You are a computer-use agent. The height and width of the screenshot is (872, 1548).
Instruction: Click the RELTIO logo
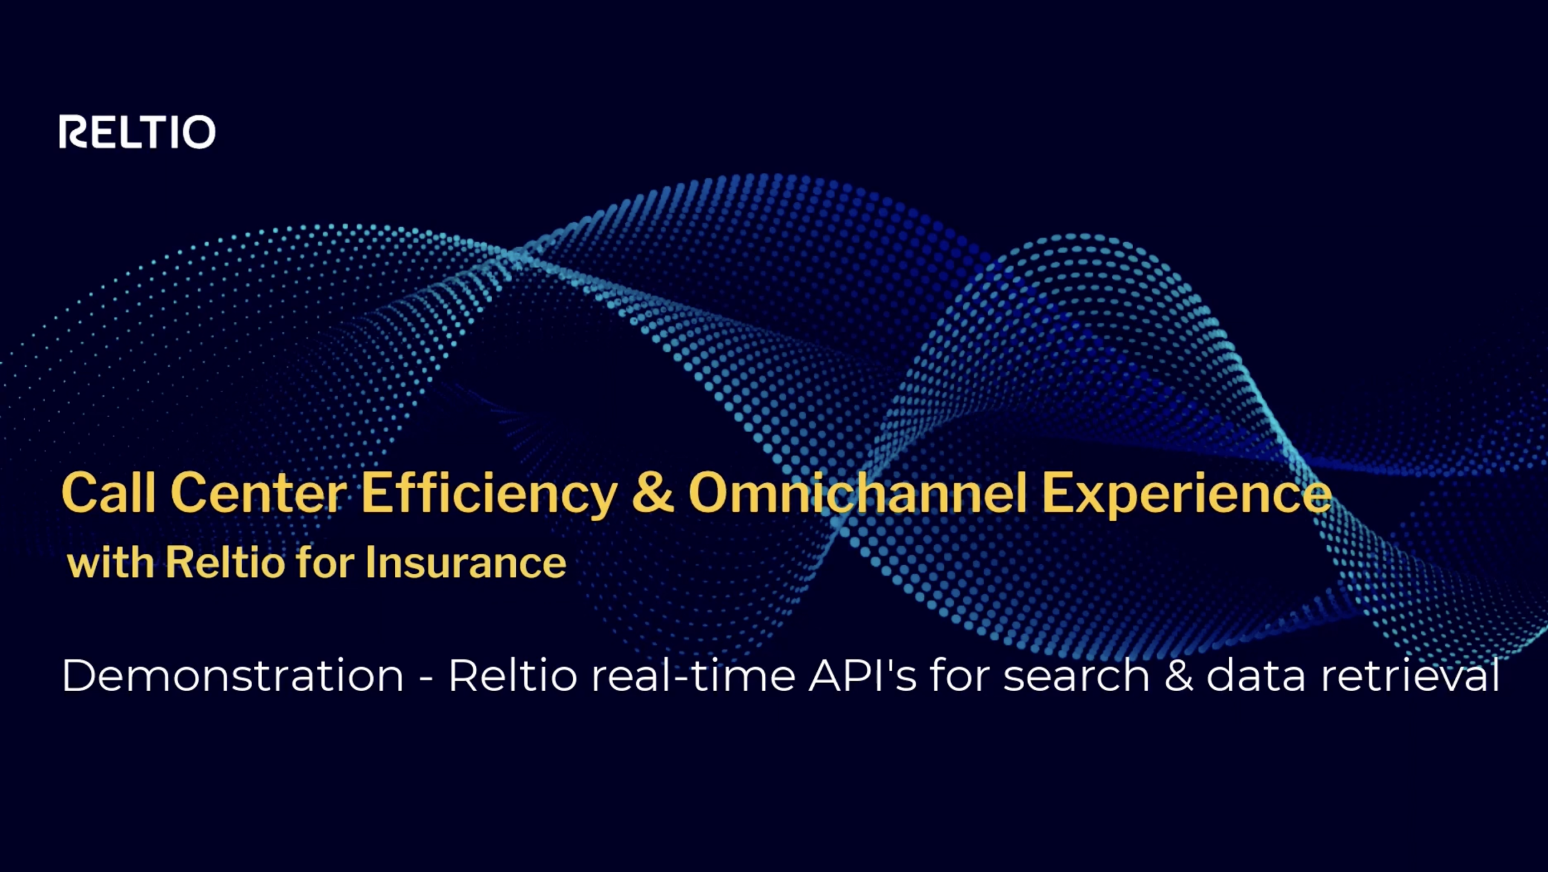click(137, 132)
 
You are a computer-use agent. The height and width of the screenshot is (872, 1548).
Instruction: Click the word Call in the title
click(108, 493)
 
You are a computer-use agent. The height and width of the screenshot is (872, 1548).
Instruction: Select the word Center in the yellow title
click(258, 493)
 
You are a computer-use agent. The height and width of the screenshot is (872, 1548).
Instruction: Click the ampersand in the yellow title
click(652, 493)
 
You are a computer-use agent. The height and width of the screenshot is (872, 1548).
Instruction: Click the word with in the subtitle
click(110, 563)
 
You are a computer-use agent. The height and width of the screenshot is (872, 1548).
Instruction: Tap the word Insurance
click(466, 563)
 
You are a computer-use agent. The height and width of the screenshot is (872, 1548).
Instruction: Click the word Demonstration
click(233, 675)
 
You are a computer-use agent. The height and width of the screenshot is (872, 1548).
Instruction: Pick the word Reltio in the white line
click(513, 675)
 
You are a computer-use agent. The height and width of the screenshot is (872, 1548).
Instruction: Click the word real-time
click(693, 675)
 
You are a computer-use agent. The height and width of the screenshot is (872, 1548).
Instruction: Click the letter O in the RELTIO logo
click(198, 132)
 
